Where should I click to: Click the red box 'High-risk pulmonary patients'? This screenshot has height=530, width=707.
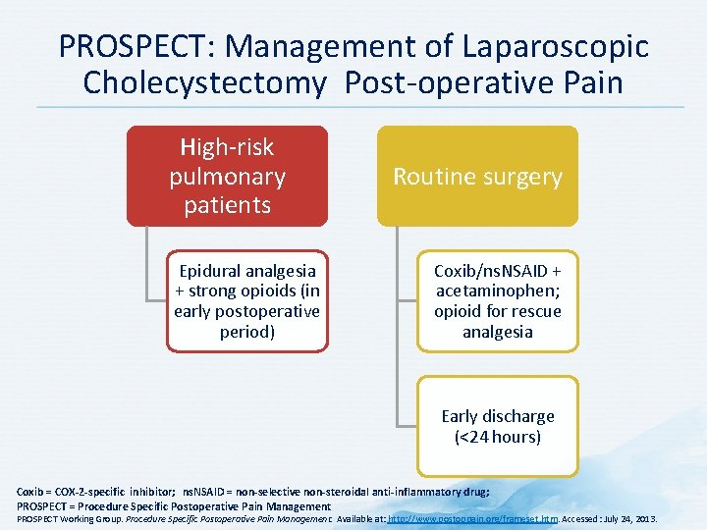tap(227, 177)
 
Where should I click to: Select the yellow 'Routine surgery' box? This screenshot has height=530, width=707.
tap(477, 177)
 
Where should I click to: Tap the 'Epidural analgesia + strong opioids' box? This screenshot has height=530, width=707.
tap(246, 301)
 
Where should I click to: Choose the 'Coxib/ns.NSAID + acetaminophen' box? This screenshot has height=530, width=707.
tap(498, 301)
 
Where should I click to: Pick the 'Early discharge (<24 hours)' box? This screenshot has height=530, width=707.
tap(498, 426)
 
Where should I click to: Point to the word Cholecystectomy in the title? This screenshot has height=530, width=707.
tap(204, 82)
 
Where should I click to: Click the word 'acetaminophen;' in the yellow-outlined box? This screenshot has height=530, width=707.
tap(498, 291)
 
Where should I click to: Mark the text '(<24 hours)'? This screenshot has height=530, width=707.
tap(498, 437)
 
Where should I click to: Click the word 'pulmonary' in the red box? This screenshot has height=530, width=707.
tap(227, 177)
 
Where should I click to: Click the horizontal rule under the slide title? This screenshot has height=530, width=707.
tap(353, 107)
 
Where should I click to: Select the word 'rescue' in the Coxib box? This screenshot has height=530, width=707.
tap(534, 312)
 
